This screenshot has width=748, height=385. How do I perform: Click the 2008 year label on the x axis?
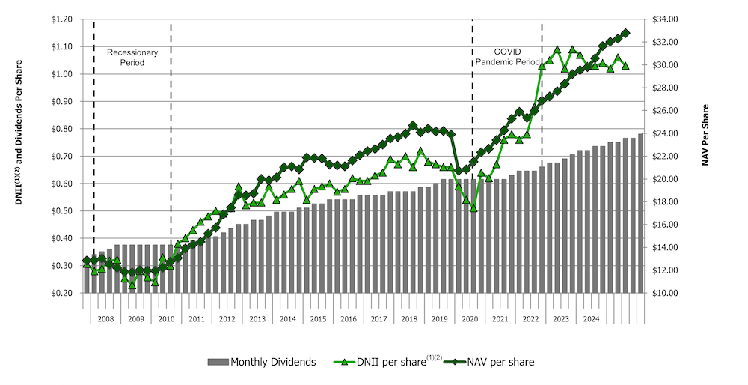click(x=105, y=319)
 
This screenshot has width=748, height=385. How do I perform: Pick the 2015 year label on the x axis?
click(x=318, y=319)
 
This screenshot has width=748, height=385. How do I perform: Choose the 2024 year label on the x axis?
click(x=591, y=319)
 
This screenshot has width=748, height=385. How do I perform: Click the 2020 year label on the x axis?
click(x=470, y=319)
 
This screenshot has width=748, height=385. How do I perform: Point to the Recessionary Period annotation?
click(x=132, y=58)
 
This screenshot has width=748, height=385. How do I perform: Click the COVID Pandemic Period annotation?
click(x=507, y=56)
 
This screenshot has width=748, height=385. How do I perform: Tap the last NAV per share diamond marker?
click(x=626, y=33)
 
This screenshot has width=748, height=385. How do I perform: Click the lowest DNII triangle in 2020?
click(x=473, y=207)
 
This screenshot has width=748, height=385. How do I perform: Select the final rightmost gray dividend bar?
click(x=641, y=213)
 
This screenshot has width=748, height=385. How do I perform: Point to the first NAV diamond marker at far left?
click(x=87, y=261)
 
